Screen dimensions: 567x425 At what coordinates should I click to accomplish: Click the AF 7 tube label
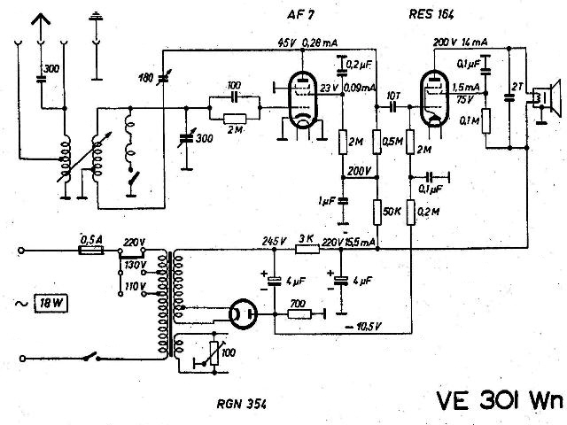pyautogui.click(x=300, y=15)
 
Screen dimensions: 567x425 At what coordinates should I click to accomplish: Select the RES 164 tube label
pyautogui.click(x=431, y=14)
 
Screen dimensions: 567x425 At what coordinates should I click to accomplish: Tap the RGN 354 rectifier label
pyautogui.click(x=242, y=404)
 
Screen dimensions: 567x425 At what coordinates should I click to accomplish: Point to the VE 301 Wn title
pyautogui.click(x=500, y=400)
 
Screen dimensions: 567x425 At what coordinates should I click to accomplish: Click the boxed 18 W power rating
pyautogui.click(x=51, y=303)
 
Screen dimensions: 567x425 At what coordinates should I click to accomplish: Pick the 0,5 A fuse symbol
pyautogui.click(x=91, y=250)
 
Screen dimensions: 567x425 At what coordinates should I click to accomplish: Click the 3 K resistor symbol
pyautogui.click(x=307, y=249)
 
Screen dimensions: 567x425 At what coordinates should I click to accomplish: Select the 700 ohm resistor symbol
pyautogui.click(x=299, y=314)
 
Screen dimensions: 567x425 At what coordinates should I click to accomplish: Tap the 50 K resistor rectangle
pyautogui.click(x=377, y=212)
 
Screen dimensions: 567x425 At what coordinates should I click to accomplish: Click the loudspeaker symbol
pyautogui.click(x=547, y=98)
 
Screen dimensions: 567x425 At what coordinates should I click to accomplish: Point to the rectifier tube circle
pyautogui.click(x=243, y=314)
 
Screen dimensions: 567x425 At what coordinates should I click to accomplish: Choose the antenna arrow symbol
pyautogui.click(x=41, y=26)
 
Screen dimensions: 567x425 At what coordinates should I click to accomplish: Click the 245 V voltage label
pyautogui.click(x=275, y=241)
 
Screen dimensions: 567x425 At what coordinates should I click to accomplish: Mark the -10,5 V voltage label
pyautogui.click(x=363, y=327)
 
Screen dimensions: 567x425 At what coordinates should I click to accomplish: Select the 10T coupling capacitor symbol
pyautogui.click(x=393, y=106)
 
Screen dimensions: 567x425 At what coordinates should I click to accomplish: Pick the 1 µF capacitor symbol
pyautogui.click(x=343, y=201)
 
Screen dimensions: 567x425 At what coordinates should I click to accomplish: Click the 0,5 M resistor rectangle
pyautogui.click(x=377, y=142)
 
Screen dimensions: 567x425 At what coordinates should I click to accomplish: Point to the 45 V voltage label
pyautogui.click(x=287, y=43)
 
